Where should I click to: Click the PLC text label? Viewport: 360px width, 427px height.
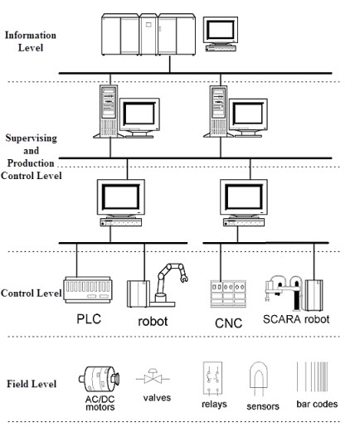click(x=89, y=319)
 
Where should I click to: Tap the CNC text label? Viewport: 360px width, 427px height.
click(x=228, y=323)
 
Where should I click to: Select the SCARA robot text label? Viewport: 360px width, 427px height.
click(x=296, y=319)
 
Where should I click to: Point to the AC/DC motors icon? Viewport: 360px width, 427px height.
click(x=99, y=379)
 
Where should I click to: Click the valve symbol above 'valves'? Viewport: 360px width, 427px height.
click(x=153, y=376)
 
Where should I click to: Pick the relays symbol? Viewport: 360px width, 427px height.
click(x=212, y=378)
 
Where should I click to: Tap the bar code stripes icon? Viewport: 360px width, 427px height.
click(x=313, y=376)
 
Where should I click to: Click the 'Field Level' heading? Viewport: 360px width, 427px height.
click(x=32, y=384)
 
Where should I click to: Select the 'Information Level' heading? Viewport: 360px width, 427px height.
click(x=31, y=41)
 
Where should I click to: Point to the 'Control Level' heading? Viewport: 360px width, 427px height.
click(x=31, y=293)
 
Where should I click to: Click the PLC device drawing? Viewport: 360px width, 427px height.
click(x=88, y=289)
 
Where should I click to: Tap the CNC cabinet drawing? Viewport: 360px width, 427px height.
click(x=228, y=294)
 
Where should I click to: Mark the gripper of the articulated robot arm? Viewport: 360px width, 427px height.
click(x=184, y=278)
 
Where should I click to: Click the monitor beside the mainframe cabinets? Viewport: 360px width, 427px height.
click(x=221, y=34)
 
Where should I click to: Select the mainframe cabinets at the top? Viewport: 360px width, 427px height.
click(x=148, y=35)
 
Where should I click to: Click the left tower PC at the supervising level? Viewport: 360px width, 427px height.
click(x=109, y=111)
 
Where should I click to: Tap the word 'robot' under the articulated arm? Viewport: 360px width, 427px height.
click(x=153, y=321)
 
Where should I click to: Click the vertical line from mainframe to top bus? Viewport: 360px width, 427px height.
click(x=169, y=64)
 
